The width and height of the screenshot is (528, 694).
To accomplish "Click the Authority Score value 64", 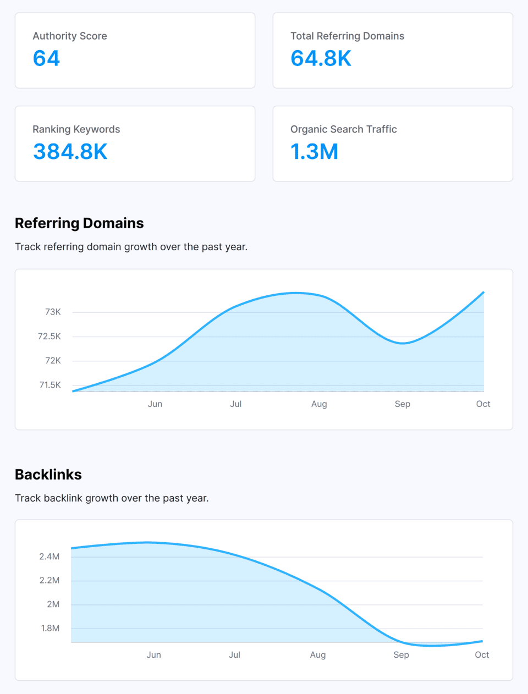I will coord(46,58).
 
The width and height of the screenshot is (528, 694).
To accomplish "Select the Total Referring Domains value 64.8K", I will coord(321,58).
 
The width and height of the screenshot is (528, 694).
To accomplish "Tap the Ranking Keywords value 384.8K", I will coord(70,152).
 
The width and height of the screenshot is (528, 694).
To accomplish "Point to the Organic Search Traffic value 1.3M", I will coord(314,152).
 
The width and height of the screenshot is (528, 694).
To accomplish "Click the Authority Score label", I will coord(70,36).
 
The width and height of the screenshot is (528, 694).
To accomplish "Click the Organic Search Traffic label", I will coord(343,129).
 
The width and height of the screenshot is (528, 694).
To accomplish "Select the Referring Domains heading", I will coord(79,223).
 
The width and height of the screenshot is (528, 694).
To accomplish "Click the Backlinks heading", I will coord(48,475).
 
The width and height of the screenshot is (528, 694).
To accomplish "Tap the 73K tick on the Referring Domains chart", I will coord(53,312).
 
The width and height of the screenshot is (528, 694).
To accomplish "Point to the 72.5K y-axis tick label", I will coord(50,336).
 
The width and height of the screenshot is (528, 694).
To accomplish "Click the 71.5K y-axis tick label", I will coord(50,385).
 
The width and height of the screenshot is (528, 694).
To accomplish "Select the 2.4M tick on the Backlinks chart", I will coord(50,557).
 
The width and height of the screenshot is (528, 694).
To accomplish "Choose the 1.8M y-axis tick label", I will coord(50,628).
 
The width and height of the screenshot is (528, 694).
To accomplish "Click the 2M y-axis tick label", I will coord(53,604).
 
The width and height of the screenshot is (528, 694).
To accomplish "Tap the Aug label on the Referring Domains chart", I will coord(319,404).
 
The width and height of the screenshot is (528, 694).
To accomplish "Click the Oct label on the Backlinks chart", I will coord(482,655).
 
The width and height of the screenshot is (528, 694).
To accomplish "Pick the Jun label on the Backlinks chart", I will coord(154,655).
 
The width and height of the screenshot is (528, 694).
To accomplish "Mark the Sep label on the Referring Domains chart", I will coord(403,404).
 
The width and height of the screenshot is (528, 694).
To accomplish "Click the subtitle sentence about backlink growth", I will coord(112,498).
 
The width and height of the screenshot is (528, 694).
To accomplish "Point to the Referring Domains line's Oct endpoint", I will coord(483,292).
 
